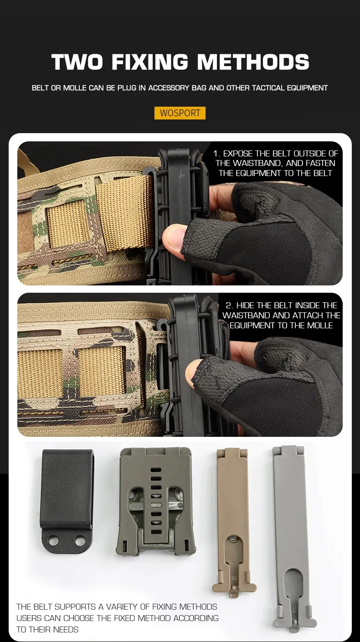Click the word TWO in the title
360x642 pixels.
pos(77,62)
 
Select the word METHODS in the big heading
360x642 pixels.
pos(253,62)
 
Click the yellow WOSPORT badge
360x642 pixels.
pos(180,113)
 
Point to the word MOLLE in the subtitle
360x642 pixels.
pos(74,88)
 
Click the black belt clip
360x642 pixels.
pos(67,500)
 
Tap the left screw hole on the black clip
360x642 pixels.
pos(53,541)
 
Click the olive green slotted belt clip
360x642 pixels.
pos(156,502)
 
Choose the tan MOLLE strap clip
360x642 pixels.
pos(233,522)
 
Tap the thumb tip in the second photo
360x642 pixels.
pos(191,371)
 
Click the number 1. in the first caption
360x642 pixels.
pos(216,154)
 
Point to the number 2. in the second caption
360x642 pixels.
pos(229,305)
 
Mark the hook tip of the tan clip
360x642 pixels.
pos(235,595)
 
